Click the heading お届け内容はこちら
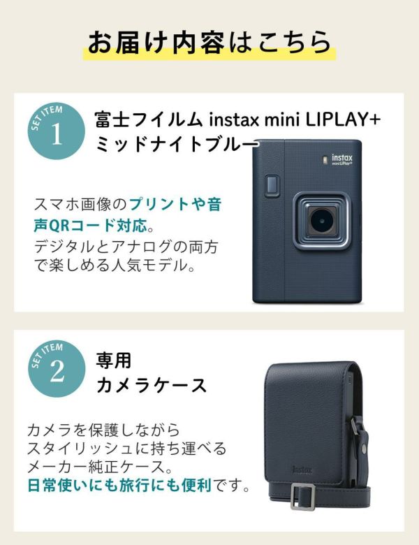[209, 43]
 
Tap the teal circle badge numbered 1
[57, 131]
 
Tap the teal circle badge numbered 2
[57, 369]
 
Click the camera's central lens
[321, 221]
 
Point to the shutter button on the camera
[272, 185]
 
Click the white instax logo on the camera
[342, 159]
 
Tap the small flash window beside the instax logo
[325, 159]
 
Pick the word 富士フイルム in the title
[148, 120]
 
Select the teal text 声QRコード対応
[90, 226]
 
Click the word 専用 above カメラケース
[113, 361]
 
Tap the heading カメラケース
[151, 386]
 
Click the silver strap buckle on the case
[303, 496]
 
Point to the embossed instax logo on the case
[302, 470]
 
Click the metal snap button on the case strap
[363, 449]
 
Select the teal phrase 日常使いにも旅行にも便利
[119, 485]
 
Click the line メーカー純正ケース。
[100, 467]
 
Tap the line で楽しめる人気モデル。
[115, 266]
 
